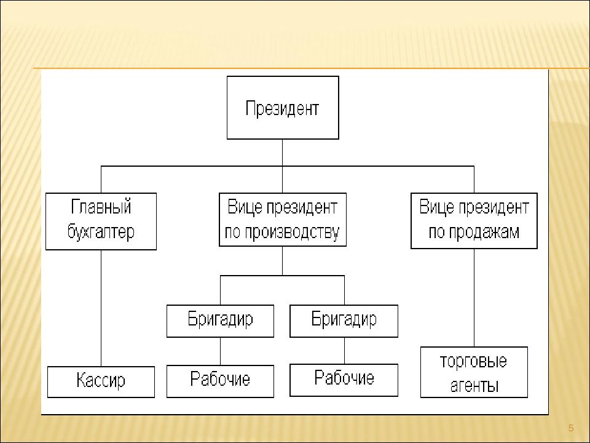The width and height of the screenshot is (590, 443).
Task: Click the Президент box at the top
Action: tap(283, 108)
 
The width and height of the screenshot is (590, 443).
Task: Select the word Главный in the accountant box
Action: tap(101, 207)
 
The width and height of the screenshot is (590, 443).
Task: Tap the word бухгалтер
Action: tap(101, 231)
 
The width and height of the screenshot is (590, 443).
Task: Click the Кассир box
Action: tap(101, 381)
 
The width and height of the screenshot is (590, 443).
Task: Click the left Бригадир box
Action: tap(220, 321)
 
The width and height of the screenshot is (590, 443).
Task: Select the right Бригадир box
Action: tap(344, 321)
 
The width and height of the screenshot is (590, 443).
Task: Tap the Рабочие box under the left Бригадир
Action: tap(220, 381)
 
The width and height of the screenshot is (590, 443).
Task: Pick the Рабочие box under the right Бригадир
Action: tap(344, 380)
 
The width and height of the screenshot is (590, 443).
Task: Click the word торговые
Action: tap(473, 362)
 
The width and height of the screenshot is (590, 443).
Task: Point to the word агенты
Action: tap(474, 386)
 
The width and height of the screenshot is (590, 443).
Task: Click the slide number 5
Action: tap(571, 428)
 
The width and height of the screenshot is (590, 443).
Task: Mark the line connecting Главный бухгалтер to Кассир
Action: tap(101, 308)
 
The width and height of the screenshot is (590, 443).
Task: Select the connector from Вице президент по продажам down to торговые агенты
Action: tap(474, 298)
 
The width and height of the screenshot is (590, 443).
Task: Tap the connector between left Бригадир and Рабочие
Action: tap(220, 351)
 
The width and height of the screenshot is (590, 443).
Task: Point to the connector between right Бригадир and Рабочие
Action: tap(344, 351)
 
